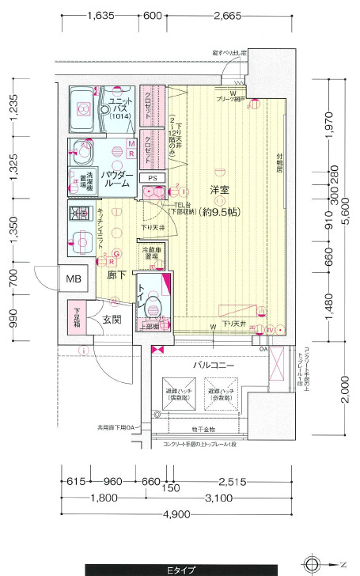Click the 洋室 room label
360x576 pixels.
(x=219, y=190)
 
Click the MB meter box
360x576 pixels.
(x=74, y=279)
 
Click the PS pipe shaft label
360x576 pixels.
(x=152, y=177)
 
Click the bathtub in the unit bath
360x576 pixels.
(x=81, y=110)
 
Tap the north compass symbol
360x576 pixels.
(x=313, y=565)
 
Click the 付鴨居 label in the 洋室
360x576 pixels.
(x=279, y=167)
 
